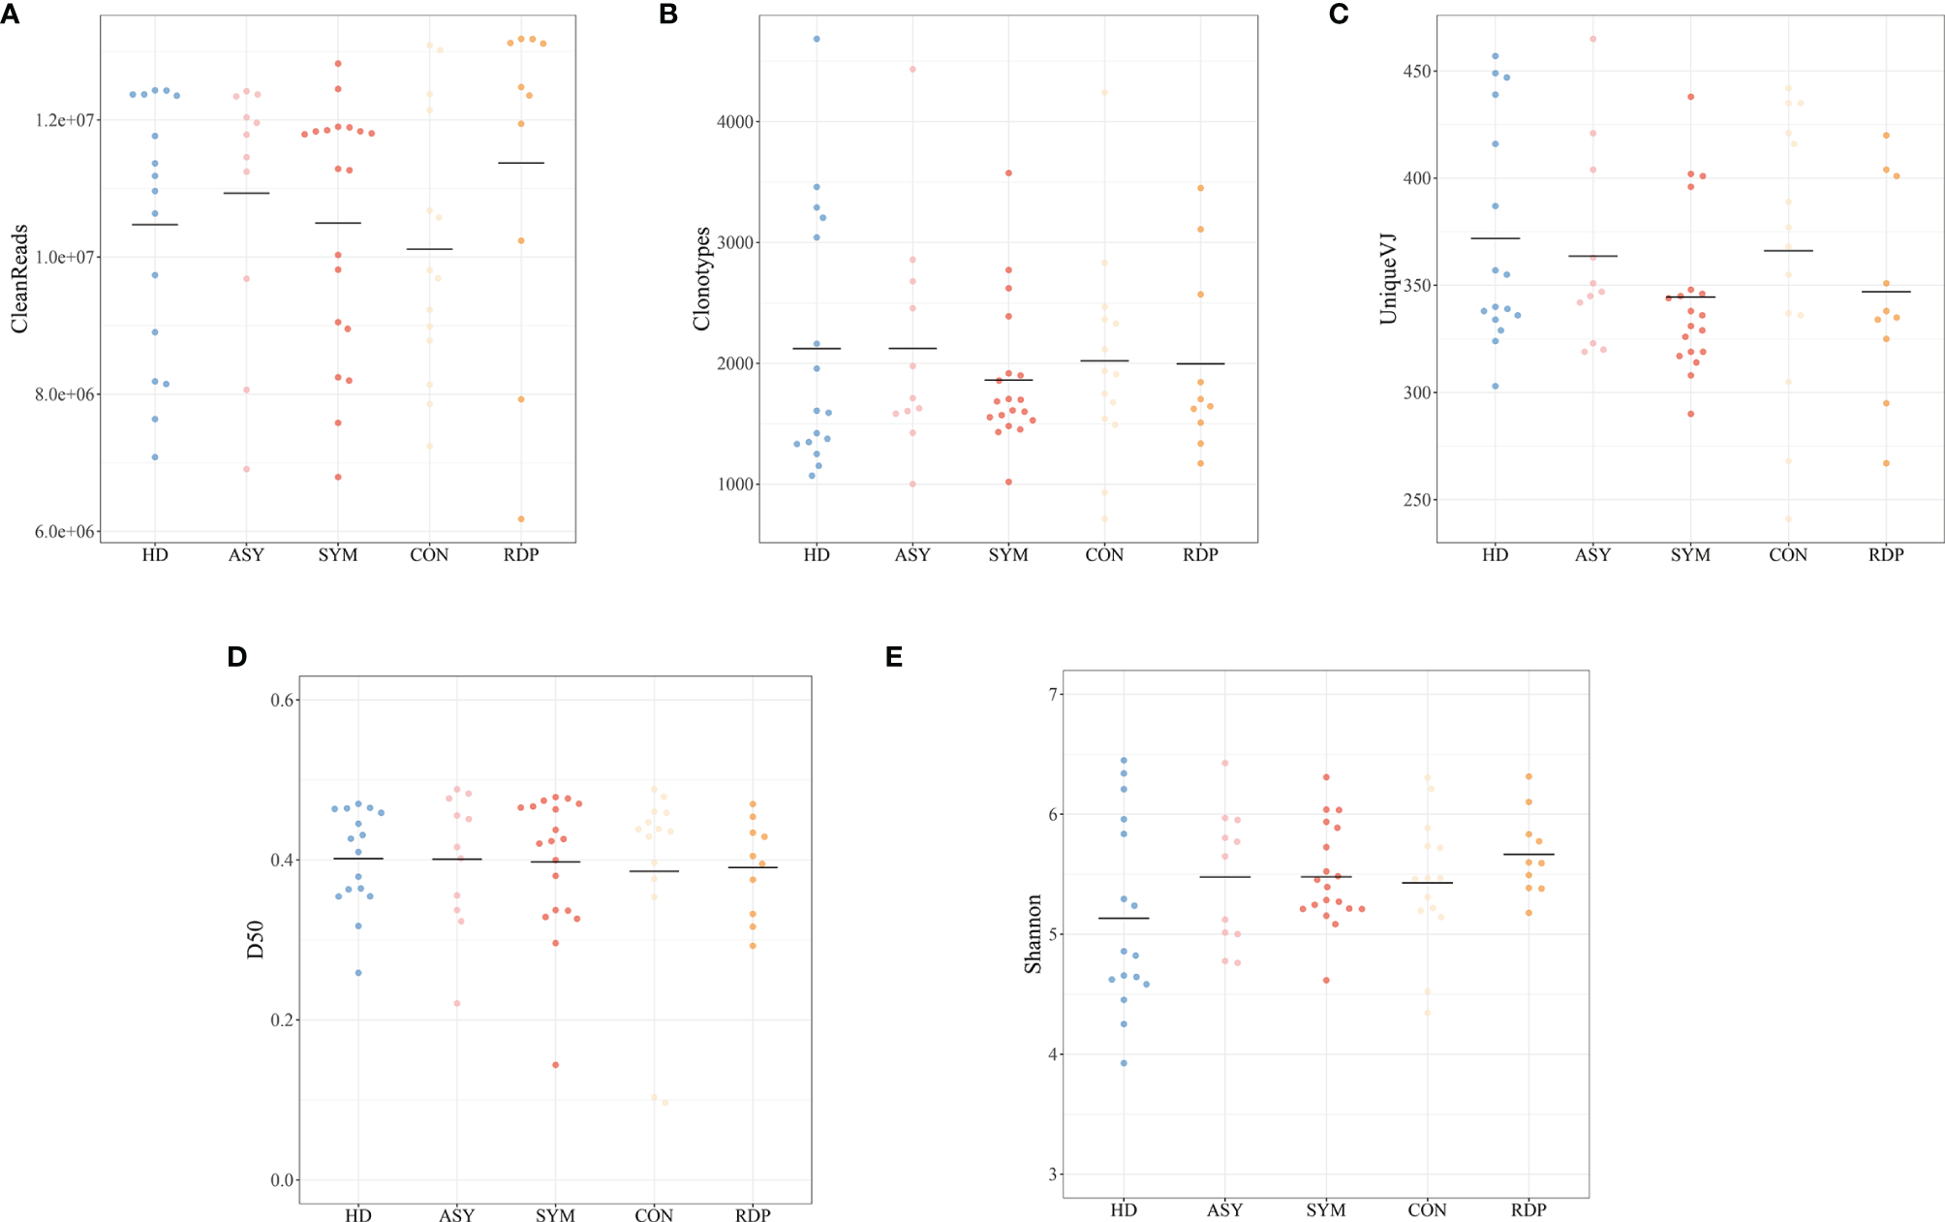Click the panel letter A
point(10,15)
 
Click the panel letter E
point(893,657)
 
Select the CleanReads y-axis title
point(19,279)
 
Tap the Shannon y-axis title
point(1033,933)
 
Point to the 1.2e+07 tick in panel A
point(65,120)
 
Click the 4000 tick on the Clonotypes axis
point(735,122)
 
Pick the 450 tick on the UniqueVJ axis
point(1419,72)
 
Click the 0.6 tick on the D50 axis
point(282,700)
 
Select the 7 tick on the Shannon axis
point(1053,694)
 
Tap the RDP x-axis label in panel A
point(520,555)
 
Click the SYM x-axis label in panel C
point(1690,555)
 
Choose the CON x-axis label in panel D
point(654,1215)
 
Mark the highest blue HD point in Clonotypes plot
point(817,39)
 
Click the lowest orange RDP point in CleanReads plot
point(521,518)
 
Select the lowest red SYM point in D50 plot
point(555,1065)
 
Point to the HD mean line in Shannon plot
point(1124,918)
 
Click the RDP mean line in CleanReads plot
point(521,163)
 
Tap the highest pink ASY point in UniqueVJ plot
point(1592,39)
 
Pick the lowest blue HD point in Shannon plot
point(1124,1063)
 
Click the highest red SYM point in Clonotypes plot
point(1008,173)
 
